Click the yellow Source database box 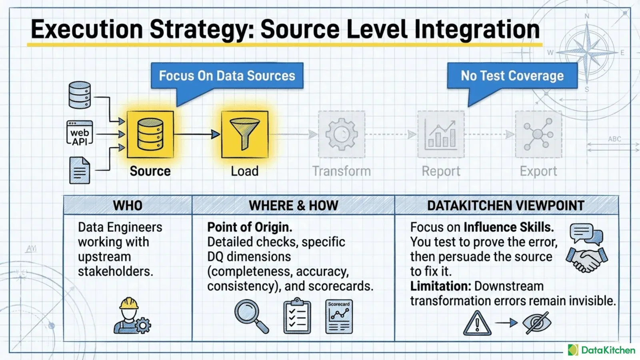pos(150,134)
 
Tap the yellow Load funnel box pos(244,134)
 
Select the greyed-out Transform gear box pos(342,134)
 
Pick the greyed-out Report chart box pos(441,134)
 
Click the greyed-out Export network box pos(538,134)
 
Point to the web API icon pos(80,133)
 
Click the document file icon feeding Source pos(80,170)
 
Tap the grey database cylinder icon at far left pos(80,95)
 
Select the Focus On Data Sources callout pos(227,76)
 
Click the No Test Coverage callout pos(512,76)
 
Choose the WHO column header pos(128,205)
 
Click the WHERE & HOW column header pos(294,205)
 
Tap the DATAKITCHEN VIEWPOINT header pos(506,205)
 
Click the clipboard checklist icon pos(297,316)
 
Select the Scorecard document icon pos(339,316)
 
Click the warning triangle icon pos(477,323)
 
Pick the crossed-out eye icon pos(537,323)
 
